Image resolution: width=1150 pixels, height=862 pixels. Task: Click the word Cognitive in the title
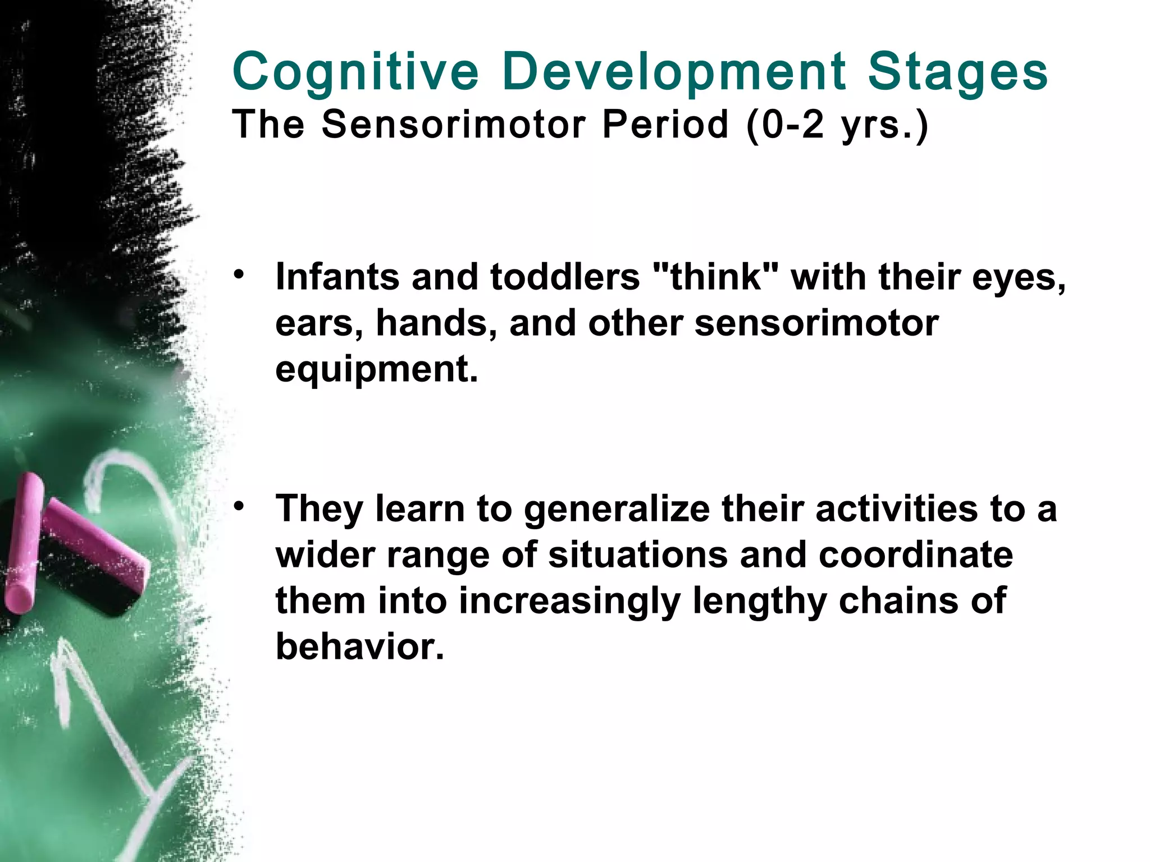pos(355,72)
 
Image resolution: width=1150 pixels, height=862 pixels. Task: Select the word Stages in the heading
pos(958,72)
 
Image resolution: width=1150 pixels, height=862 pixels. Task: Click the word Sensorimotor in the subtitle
pos(454,124)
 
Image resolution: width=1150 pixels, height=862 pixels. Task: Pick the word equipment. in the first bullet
pos(376,369)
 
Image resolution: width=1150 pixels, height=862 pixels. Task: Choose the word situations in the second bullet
pos(637,554)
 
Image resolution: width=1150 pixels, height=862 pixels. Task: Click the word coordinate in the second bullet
pos(915,554)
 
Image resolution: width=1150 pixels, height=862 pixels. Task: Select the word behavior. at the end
pos(359,646)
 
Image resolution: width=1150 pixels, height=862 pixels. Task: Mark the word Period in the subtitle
pos(665,124)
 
